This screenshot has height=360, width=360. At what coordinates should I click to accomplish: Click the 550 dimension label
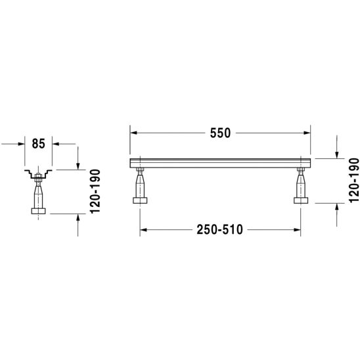tap(220, 133)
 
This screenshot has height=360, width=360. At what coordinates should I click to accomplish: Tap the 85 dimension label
tap(39, 144)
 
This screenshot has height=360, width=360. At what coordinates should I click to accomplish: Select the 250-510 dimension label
tap(219, 229)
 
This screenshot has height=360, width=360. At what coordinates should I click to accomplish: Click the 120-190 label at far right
tap(354, 181)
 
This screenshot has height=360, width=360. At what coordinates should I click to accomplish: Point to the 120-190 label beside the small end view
tap(95, 191)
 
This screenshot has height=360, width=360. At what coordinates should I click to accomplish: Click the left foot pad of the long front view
tap(140, 200)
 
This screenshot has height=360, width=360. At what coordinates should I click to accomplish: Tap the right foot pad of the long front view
tap(301, 200)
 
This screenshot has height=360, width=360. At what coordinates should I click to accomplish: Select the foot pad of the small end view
tap(38, 211)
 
